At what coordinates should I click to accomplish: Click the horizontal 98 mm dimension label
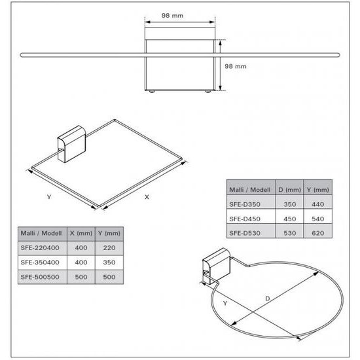pos(172,16)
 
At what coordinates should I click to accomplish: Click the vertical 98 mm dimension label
pos(236,66)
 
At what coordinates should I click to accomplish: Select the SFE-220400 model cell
pos(40,247)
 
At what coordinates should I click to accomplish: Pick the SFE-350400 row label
pos(40,262)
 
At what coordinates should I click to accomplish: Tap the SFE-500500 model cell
pos(40,277)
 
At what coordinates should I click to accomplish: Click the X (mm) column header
pos(81,233)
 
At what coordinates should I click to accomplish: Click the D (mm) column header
pos(289,190)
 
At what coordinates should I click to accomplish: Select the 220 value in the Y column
pos(109,247)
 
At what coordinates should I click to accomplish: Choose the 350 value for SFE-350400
pos(109,262)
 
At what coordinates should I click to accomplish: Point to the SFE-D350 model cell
pos(245,204)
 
